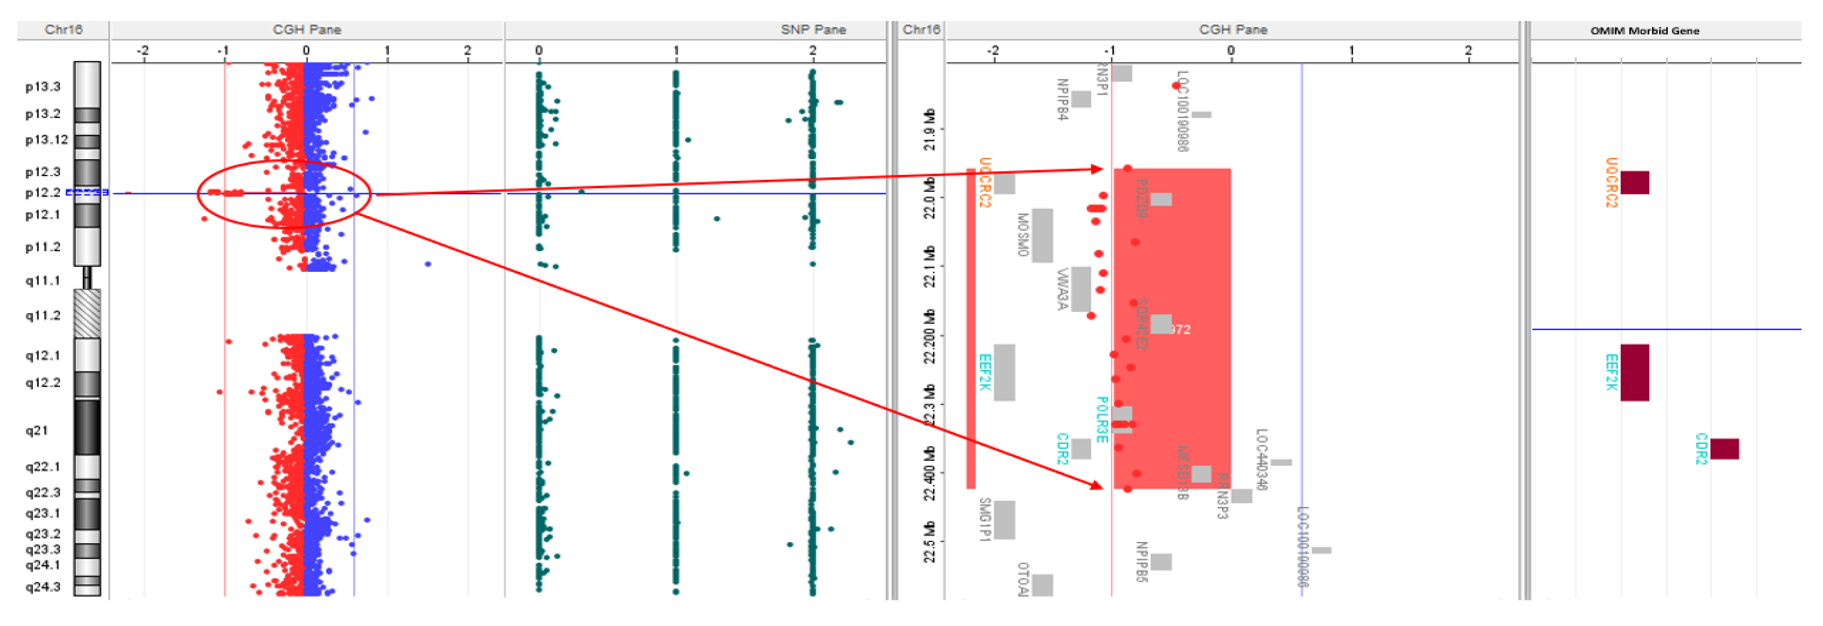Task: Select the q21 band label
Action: (x=37, y=430)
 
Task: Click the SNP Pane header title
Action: (x=813, y=30)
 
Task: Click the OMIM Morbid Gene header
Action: (x=1644, y=30)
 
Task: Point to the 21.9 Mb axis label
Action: (x=930, y=129)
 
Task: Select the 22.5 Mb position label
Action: (x=930, y=542)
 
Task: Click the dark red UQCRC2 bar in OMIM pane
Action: (x=1634, y=182)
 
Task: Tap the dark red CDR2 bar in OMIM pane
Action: (x=1724, y=449)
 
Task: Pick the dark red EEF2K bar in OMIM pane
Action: (x=1634, y=373)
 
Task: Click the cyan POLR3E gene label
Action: (x=1101, y=419)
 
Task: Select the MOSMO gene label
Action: (x=1022, y=234)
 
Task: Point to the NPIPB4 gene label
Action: (x=1061, y=99)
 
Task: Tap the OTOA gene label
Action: (x=1022, y=579)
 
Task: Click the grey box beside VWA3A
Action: (x=1081, y=289)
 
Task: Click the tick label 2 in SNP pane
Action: (x=813, y=50)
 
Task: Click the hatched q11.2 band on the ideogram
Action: (x=87, y=313)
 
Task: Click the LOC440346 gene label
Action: (x=1261, y=459)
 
